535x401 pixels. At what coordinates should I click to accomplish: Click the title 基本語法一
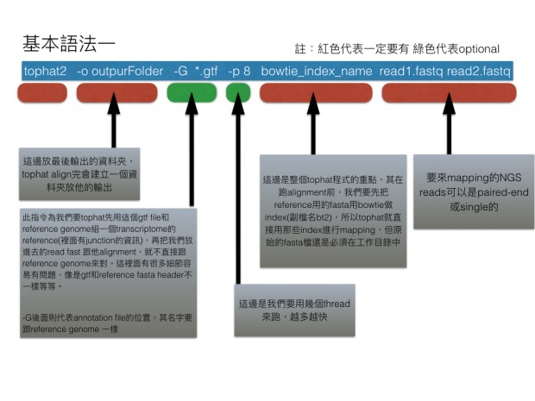click(68, 42)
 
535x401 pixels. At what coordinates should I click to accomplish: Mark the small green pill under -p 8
click(238, 92)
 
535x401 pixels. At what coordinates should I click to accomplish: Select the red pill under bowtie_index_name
click(316, 92)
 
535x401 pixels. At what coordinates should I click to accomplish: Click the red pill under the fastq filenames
click(449, 92)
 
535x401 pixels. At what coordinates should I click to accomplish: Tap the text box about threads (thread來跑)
click(294, 311)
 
